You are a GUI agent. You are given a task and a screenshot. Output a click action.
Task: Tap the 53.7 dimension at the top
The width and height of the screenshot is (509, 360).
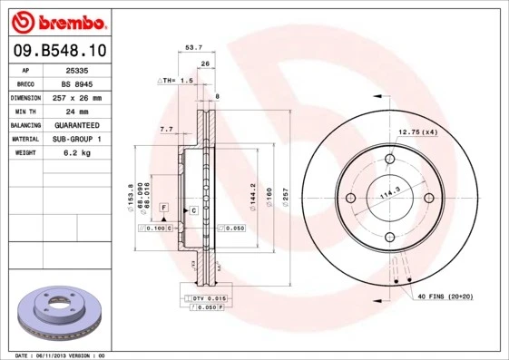[192, 48]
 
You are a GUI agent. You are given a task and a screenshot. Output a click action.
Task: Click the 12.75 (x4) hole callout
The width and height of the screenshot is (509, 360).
[418, 132]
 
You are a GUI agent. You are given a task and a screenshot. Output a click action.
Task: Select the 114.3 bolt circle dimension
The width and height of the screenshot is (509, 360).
[390, 193]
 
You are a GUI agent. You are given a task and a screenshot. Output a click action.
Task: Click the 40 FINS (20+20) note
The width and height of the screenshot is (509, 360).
[445, 297]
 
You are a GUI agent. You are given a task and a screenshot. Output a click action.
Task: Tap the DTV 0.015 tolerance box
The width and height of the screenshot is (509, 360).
[207, 297]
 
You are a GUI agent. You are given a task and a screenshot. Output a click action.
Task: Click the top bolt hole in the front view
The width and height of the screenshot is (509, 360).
[390, 160]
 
